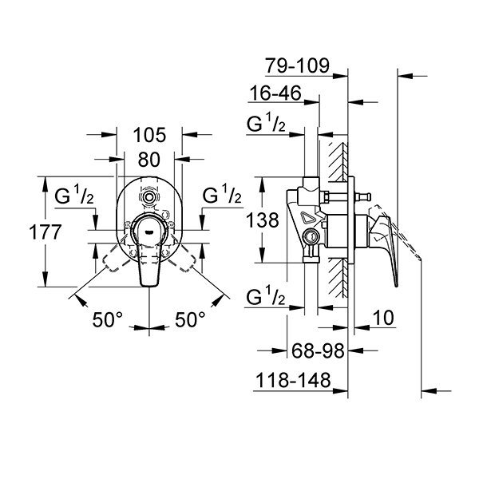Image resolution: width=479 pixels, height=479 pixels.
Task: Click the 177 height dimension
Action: coord(23,233)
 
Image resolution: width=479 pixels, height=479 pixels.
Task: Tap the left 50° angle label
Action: coord(108,319)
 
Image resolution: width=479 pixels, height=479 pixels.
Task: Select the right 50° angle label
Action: coord(190,319)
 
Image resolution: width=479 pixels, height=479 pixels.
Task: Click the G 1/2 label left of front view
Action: coord(76,196)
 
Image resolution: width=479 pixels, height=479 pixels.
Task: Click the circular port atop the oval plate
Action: coord(148,196)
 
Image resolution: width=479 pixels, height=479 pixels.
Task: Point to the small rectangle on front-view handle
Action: coord(148,226)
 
